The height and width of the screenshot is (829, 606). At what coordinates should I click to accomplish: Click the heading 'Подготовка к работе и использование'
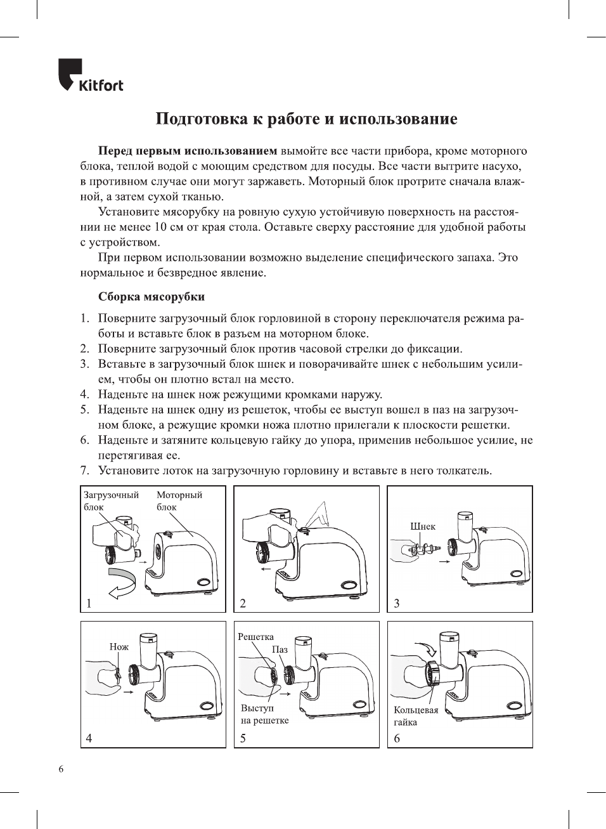pyautogui.click(x=306, y=119)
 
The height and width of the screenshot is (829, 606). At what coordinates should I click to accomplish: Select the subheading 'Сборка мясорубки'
pyautogui.click(x=151, y=297)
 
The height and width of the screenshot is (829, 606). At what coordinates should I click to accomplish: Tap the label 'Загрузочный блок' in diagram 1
pyautogui.click(x=110, y=500)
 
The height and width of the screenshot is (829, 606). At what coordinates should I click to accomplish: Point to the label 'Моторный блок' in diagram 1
pyautogui.click(x=179, y=500)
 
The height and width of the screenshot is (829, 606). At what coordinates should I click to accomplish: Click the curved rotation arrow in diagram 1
pyautogui.click(x=122, y=582)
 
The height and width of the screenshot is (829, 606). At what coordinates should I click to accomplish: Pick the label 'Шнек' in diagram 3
pyautogui.click(x=422, y=526)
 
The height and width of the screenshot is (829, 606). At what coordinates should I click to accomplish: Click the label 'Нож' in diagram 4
pyautogui.click(x=119, y=647)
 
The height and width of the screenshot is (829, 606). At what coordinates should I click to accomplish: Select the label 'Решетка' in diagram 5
pyautogui.click(x=255, y=637)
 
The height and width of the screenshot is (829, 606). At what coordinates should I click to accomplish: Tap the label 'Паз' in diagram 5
pyautogui.click(x=280, y=649)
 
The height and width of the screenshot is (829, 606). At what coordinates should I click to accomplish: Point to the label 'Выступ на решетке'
pyautogui.click(x=264, y=714)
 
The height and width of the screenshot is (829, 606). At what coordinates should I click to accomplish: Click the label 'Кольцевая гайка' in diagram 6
pyautogui.click(x=415, y=716)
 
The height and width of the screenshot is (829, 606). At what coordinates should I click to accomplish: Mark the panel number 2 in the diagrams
pyautogui.click(x=243, y=603)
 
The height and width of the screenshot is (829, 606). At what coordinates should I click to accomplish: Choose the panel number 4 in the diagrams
pyautogui.click(x=89, y=738)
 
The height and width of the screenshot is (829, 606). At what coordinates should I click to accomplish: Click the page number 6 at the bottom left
pyautogui.click(x=61, y=770)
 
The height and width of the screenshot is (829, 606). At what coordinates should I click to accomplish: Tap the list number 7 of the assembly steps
pyautogui.click(x=84, y=471)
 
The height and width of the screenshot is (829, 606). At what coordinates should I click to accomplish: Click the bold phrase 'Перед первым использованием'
pyautogui.click(x=187, y=151)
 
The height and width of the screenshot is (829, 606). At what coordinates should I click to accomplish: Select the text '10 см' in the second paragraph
pyautogui.click(x=169, y=227)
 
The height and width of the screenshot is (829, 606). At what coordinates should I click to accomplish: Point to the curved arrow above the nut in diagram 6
pyautogui.click(x=429, y=648)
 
